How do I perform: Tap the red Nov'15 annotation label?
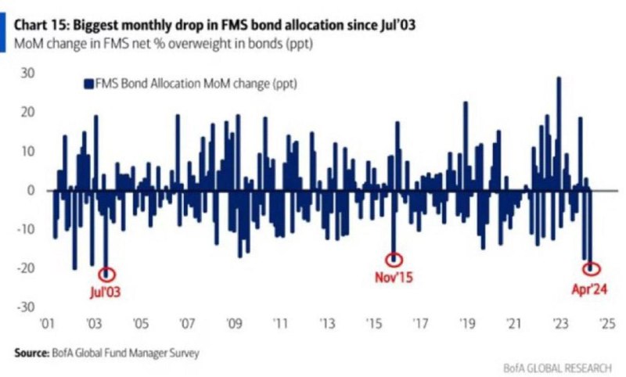coord(394,277)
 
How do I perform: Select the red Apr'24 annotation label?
coord(589,289)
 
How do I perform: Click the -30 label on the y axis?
coord(25,307)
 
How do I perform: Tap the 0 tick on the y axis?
coord(31,190)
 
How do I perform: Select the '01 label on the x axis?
coord(47,323)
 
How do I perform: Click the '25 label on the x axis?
coord(607,323)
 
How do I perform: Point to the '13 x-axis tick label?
coord(327,323)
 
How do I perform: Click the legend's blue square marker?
coord(88,84)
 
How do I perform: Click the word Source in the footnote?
coord(31,353)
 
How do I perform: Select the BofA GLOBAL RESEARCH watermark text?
coord(557,368)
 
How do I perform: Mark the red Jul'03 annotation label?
coord(105,292)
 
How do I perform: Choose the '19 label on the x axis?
coord(467,323)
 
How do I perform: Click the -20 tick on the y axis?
coord(25,268)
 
